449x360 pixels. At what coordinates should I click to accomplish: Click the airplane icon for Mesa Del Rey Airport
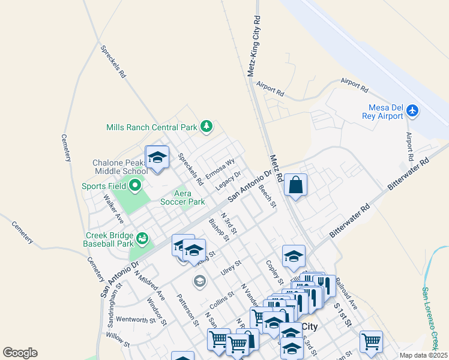(x=412, y=110)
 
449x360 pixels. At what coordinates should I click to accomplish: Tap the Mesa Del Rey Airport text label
(x=384, y=112)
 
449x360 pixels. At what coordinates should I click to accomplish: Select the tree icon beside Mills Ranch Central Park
(x=206, y=126)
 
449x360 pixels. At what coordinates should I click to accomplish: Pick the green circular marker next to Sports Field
(x=135, y=186)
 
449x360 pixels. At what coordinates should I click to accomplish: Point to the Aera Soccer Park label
(x=182, y=197)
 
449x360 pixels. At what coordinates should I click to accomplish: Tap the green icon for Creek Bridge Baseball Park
(x=142, y=239)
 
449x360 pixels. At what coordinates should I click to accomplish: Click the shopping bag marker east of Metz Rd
(x=296, y=185)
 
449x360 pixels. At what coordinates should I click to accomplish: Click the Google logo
(x=20, y=352)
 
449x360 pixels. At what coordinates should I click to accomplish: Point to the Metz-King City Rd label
(x=255, y=46)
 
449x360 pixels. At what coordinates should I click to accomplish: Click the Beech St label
(x=267, y=196)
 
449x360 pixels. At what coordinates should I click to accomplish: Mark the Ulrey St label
(x=230, y=266)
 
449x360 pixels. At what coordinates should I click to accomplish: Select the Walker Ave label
(x=113, y=207)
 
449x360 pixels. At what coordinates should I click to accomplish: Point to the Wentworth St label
(x=135, y=320)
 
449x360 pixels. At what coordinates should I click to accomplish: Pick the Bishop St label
(x=218, y=229)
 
